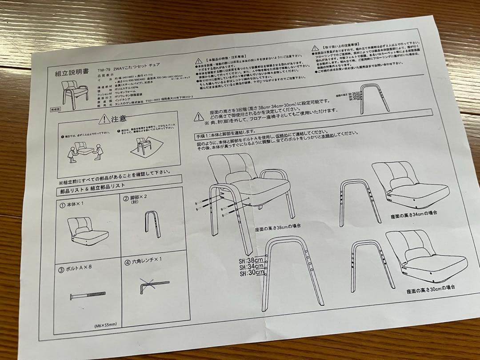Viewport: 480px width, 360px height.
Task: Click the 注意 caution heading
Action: (x=113, y=119)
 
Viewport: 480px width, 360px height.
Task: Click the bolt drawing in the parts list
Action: (x=87, y=295)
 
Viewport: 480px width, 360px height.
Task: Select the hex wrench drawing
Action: (x=153, y=283)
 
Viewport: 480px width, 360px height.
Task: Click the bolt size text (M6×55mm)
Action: (x=105, y=324)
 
